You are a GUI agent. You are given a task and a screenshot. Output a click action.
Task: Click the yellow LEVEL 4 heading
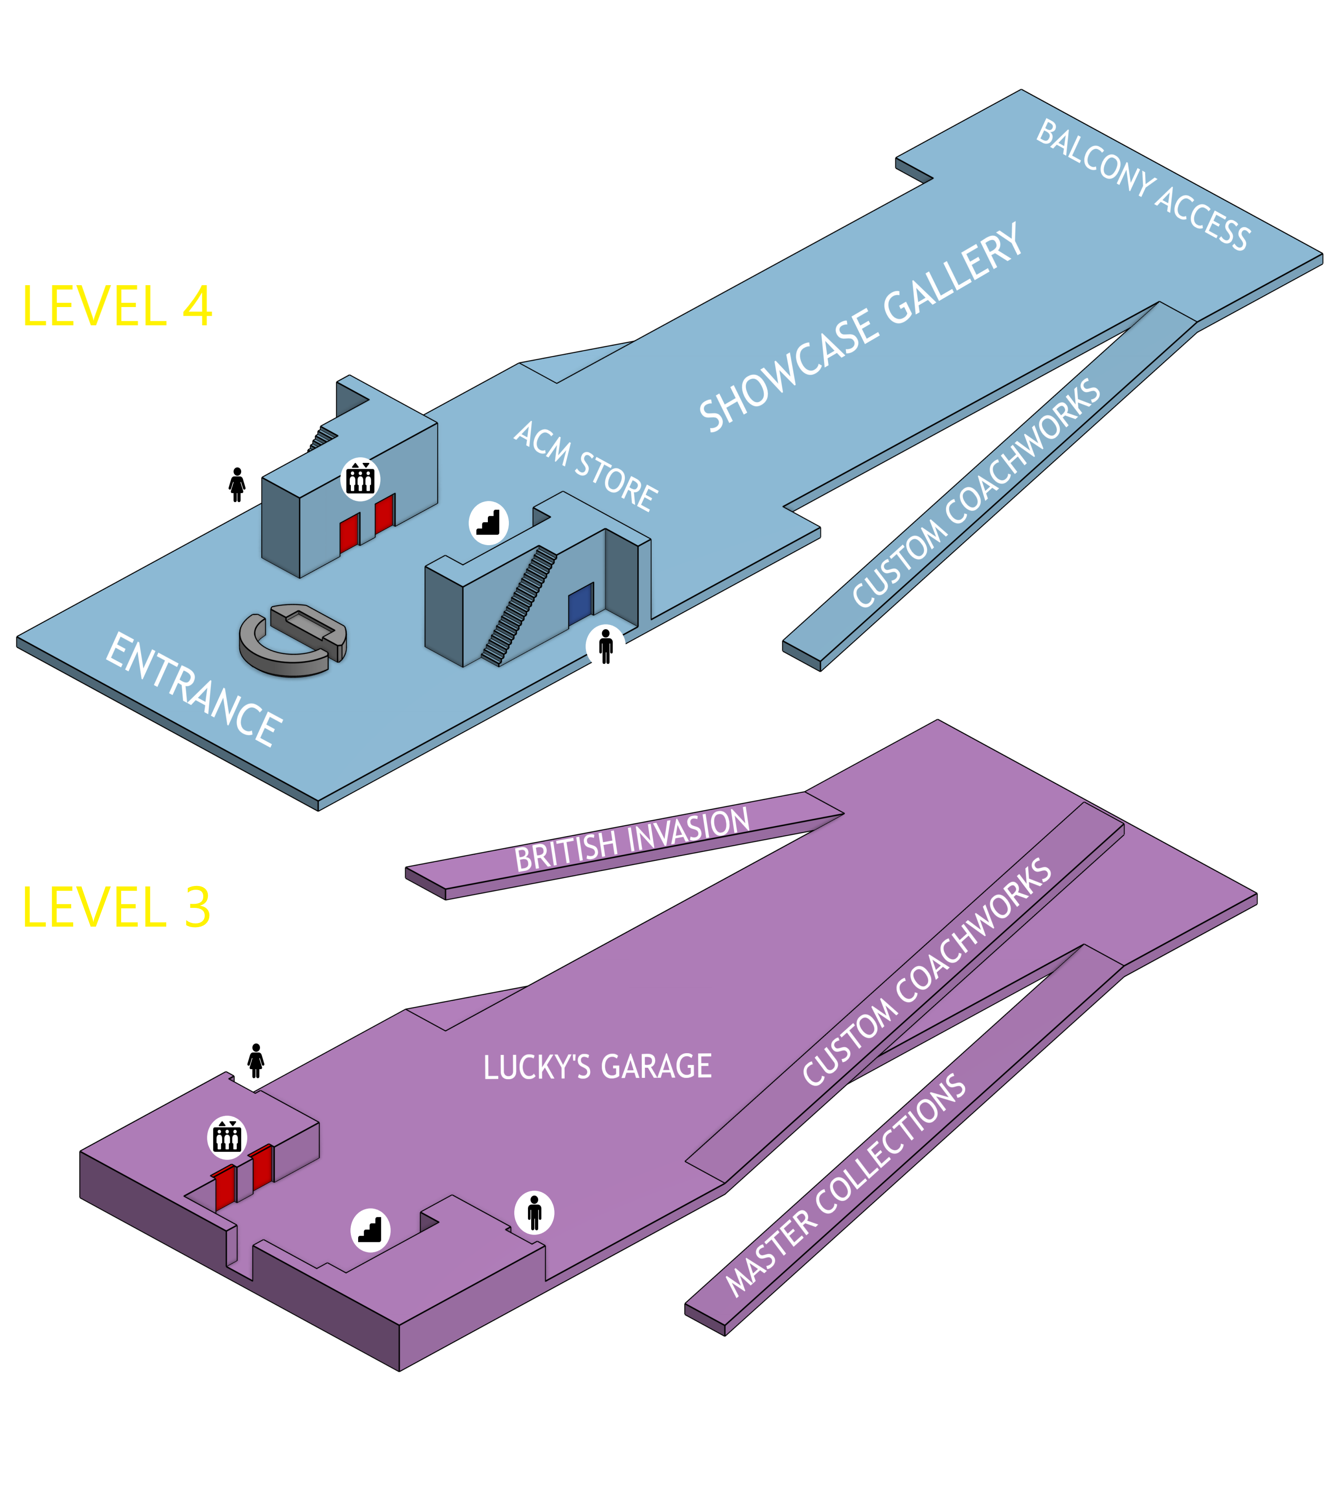[x=117, y=307]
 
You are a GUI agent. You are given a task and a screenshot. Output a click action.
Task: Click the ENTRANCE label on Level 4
[x=193, y=689]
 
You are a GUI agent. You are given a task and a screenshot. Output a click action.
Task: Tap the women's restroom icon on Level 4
[x=237, y=484]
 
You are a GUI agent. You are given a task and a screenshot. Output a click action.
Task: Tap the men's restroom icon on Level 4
[x=606, y=647]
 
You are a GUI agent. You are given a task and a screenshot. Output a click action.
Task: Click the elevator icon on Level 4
[x=360, y=479]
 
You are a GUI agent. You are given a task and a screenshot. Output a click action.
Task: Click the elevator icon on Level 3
[x=227, y=1137]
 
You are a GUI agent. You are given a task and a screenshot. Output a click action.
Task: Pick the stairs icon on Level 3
[x=370, y=1230]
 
